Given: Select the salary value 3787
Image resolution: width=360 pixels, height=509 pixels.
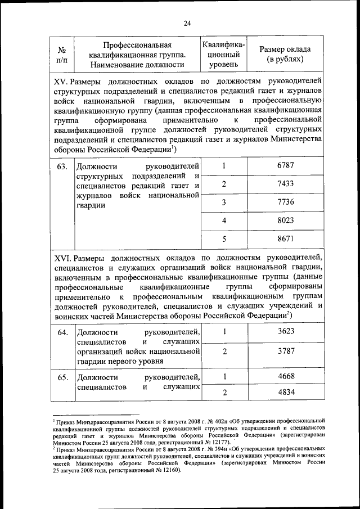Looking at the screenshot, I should click(286, 352).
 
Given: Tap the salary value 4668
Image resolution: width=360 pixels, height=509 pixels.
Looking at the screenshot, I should click(286, 376).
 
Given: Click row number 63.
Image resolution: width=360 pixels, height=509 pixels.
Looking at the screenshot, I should click(62, 166).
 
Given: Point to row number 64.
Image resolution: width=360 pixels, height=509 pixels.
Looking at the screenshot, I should click(62, 332).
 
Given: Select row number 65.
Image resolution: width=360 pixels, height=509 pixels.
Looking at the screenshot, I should click(62, 377).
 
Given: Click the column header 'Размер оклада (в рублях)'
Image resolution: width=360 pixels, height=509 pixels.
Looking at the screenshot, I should click(285, 54).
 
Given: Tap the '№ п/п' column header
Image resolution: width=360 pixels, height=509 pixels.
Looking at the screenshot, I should click(62, 55).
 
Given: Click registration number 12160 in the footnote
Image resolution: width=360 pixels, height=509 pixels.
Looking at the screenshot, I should click(170, 470).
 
